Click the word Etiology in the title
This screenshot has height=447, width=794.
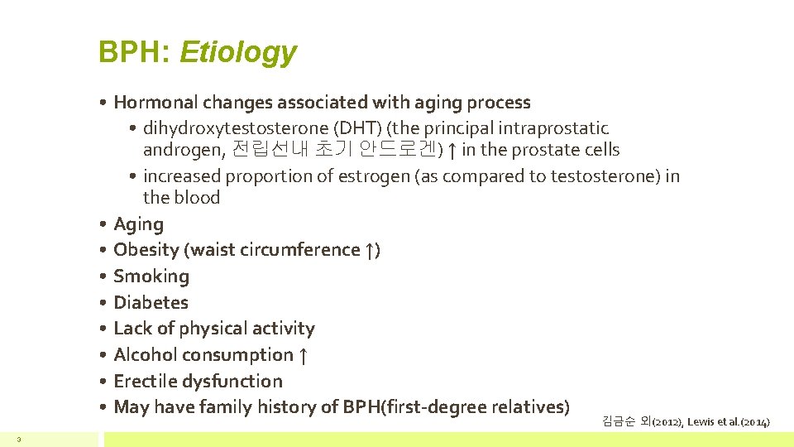coord(237,52)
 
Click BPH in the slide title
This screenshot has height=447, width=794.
coord(133,52)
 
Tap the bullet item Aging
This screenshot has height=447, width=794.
coord(138,224)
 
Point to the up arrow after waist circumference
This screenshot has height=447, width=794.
coord(369,250)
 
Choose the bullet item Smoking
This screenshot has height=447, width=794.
coord(151,276)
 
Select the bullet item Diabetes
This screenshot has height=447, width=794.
coord(151,302)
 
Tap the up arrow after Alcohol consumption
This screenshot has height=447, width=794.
coord(304,355)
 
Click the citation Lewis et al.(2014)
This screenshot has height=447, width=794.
coord(727,422)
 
